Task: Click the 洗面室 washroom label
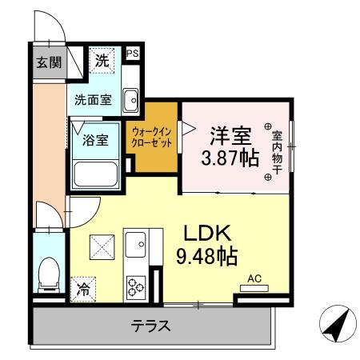(x=93, y=101)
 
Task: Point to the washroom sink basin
(x=133, y=99)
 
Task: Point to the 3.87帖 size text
(x=229, y=157)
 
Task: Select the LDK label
(x=207, y=234)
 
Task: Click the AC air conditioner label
(x=255, y=278)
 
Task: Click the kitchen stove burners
(x=134, y=286)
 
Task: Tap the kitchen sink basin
(x=134, y=241)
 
